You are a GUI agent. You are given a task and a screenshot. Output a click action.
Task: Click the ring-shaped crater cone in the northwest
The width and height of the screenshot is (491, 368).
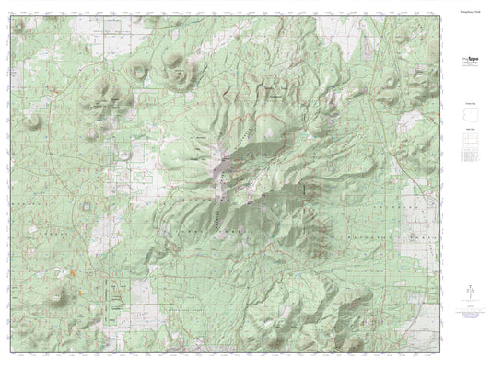(x=140, y=69)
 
